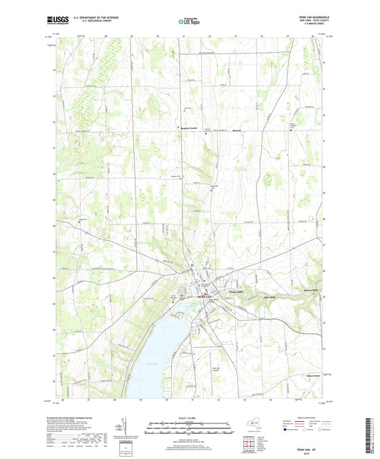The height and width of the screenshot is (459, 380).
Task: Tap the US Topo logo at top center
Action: point(189,23)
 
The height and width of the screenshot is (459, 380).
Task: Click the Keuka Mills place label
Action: point(237,294)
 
